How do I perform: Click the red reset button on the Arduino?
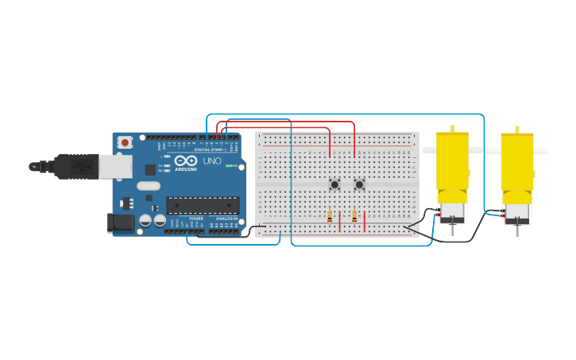[125, 143]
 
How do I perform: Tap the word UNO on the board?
[212, 161]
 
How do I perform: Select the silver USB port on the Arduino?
[116, 165]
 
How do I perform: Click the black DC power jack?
[121, 223]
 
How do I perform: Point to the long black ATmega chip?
[203, 205]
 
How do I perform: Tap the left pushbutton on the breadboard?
[334, 184]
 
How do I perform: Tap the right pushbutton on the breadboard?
[359, 184]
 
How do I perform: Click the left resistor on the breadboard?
[330, 216]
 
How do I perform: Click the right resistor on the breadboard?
[354, 216]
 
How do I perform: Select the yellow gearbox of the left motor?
[452, 164]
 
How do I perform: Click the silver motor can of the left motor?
[452, 211]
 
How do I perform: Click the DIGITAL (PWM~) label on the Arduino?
[211, 149]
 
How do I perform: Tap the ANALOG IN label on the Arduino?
[226, 219]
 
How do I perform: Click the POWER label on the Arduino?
[196, 219]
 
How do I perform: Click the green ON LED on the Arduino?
[230, 166]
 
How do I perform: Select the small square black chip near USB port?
[150, 169]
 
